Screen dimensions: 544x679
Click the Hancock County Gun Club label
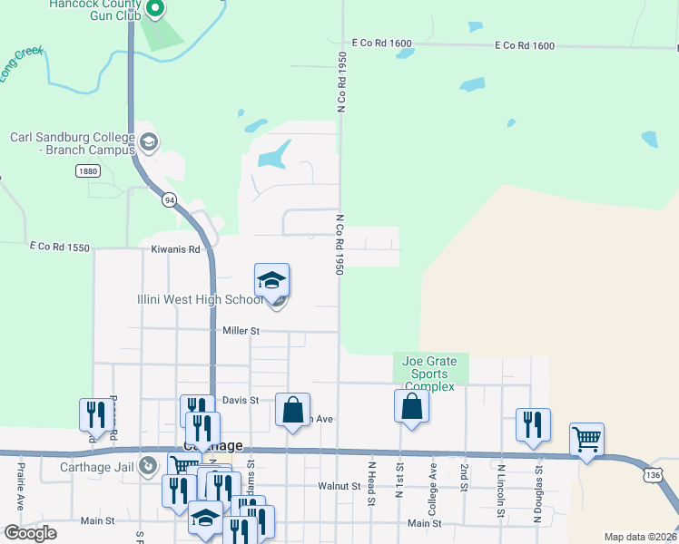(100, 10)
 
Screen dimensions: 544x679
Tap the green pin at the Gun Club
(154, 9)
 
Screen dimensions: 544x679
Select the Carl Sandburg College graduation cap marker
(149, 142)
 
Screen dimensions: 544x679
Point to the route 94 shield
(169, 199)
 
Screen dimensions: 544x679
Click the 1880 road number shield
(88, 170)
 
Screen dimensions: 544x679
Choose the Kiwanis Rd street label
(175, 248)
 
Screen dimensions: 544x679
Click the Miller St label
(241, 332)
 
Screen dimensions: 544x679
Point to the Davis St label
(241, 400)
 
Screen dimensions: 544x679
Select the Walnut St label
(339, 486)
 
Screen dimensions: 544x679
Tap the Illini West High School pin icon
(271, 282)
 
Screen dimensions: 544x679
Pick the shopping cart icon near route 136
(586, 440)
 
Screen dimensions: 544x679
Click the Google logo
(30, 533)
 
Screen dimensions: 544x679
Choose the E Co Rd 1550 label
(60, 247)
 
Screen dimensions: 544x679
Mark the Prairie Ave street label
(20, 488)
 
